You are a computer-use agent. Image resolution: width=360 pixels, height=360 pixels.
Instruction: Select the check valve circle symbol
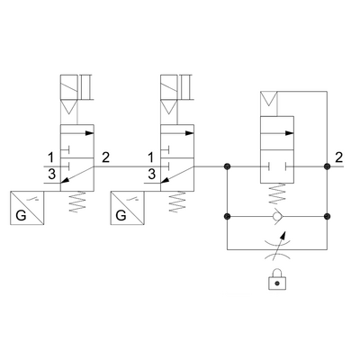tap(276, 216)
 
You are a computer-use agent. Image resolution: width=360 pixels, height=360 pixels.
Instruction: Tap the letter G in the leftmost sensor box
tap(21, 215)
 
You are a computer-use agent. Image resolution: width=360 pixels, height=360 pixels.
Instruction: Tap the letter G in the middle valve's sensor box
tap(121, 215)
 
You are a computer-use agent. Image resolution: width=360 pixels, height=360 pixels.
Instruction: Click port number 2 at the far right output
tap(338, 157)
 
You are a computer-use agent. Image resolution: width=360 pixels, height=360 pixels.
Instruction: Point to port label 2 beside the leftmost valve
tap(106, 157)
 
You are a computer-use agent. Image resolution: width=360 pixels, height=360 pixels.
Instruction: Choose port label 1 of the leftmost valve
tap(51, 157)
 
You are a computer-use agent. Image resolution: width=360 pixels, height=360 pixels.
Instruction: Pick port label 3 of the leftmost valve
tap(52, 174)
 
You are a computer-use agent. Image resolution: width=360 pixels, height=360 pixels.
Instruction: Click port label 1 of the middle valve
tap(152, 157)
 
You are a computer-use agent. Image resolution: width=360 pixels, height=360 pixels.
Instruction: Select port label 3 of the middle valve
tap(152, 174)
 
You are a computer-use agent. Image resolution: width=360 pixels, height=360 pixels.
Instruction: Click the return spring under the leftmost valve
tap(77, 202)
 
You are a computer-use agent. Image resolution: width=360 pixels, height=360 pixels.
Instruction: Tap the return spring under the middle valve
tap(177, 202)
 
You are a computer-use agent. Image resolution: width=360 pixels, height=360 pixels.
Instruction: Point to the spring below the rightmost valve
tap(277, 194)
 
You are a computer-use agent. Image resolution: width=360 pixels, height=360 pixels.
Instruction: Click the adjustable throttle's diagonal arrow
tap(277, 244)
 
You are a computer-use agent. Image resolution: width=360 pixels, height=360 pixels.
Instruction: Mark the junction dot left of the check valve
tap(227, 216)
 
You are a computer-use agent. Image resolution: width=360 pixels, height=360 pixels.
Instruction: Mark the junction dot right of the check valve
tap(327, 216)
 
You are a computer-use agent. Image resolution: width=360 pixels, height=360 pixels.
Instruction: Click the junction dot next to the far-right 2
tap(327, 166)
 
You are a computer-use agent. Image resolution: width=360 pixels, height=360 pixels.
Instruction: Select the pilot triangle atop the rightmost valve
tap(269, 99)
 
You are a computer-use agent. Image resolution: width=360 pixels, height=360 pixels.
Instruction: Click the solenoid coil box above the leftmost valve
tap(69, 87)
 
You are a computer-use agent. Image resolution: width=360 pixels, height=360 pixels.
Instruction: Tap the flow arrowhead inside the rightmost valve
tap(289, 133)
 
